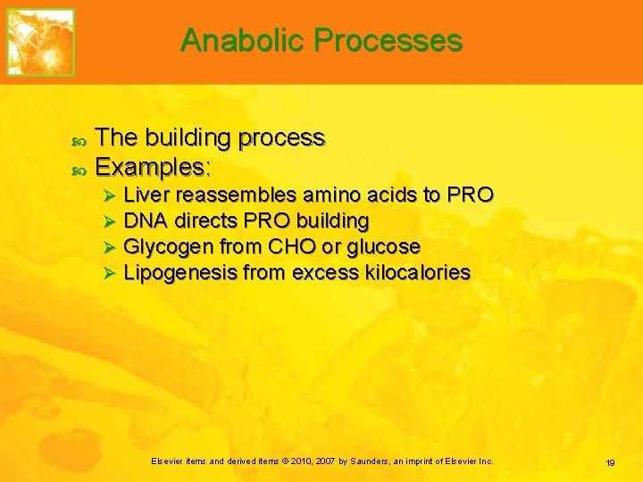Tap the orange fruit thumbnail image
pos(41,42)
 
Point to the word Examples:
pos(153,167)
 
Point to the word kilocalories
pos(418,272)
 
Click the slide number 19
pos(610,462)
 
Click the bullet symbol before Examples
pos(78,168)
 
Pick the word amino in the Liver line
pos(332,195)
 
